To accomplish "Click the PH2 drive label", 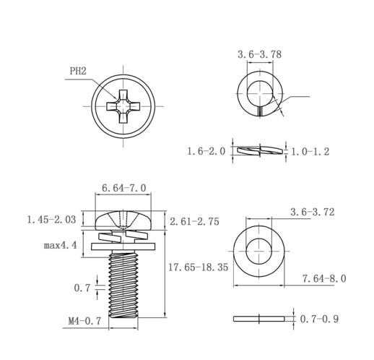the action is [78, 71].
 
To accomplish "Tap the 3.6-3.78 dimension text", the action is [259, 54].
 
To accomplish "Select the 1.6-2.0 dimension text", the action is [206, 151].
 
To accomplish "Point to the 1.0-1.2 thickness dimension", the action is [310, 152].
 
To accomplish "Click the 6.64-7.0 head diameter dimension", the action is [124, 188].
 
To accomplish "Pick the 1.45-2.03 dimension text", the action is [51, 220].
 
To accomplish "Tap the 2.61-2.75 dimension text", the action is [194, 222].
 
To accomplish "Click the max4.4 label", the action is [61, 246].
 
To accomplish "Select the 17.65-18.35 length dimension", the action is [198, 267].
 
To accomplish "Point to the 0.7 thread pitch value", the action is [82, 288].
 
